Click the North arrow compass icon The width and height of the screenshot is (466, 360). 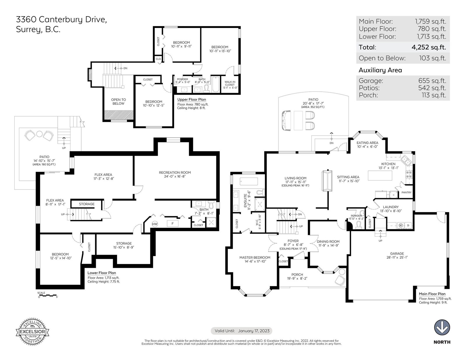(x=442, y=327)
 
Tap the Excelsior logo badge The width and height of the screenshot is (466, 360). (x=32, y=331)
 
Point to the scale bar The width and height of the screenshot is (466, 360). (x=47, y=295)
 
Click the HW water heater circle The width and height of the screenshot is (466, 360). (x=155, y=224)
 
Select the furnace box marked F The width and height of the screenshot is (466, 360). (x=172, y=224)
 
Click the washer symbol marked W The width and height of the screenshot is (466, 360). (x=400, y=225)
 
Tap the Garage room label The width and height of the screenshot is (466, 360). (x=397, y=253)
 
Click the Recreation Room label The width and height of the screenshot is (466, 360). (x=175, y=173)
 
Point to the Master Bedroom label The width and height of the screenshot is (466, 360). (x=255, y=257)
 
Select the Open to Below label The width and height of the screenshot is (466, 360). (x=118, y=102)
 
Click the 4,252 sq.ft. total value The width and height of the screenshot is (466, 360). (x=429, y=47)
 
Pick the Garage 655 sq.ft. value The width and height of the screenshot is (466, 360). (x=432, y=81)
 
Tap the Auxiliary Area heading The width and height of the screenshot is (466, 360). (x=380, y=70)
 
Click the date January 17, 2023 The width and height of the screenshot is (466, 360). (x=254, y=331)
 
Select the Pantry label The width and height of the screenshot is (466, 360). (x=406, y=192)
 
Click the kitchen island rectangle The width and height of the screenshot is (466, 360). (x=380, y=175)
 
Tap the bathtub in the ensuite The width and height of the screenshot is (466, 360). (x=249, y=181)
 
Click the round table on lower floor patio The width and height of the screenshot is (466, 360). (x=39, y=134)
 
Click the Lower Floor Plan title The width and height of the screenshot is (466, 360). (x=102, y=273)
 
